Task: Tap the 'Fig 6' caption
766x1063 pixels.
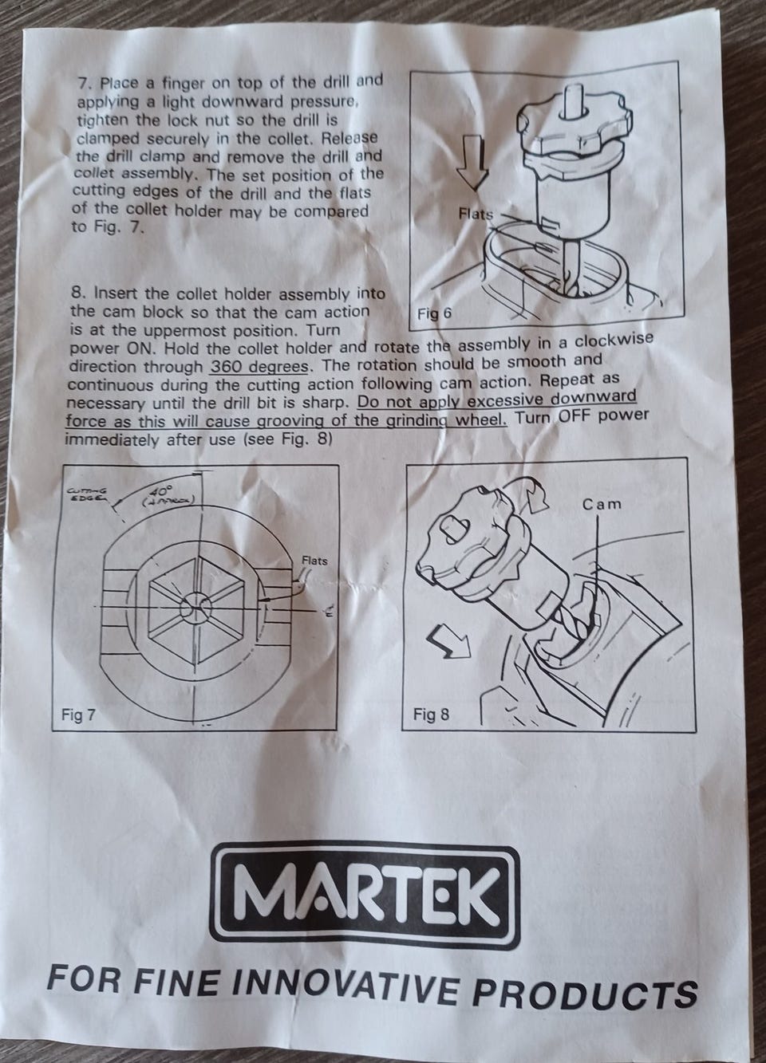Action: tap(434, 314)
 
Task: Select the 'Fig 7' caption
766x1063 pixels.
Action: tap(78, 715)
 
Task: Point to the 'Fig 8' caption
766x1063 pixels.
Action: tap(431, 714)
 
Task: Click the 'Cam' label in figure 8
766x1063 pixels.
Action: tap(602, 504)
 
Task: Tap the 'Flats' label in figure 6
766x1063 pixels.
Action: tap(476, 215)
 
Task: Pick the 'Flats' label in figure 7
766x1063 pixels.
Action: tap(315, 561)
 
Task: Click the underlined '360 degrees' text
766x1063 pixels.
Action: tap(259, 367)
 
